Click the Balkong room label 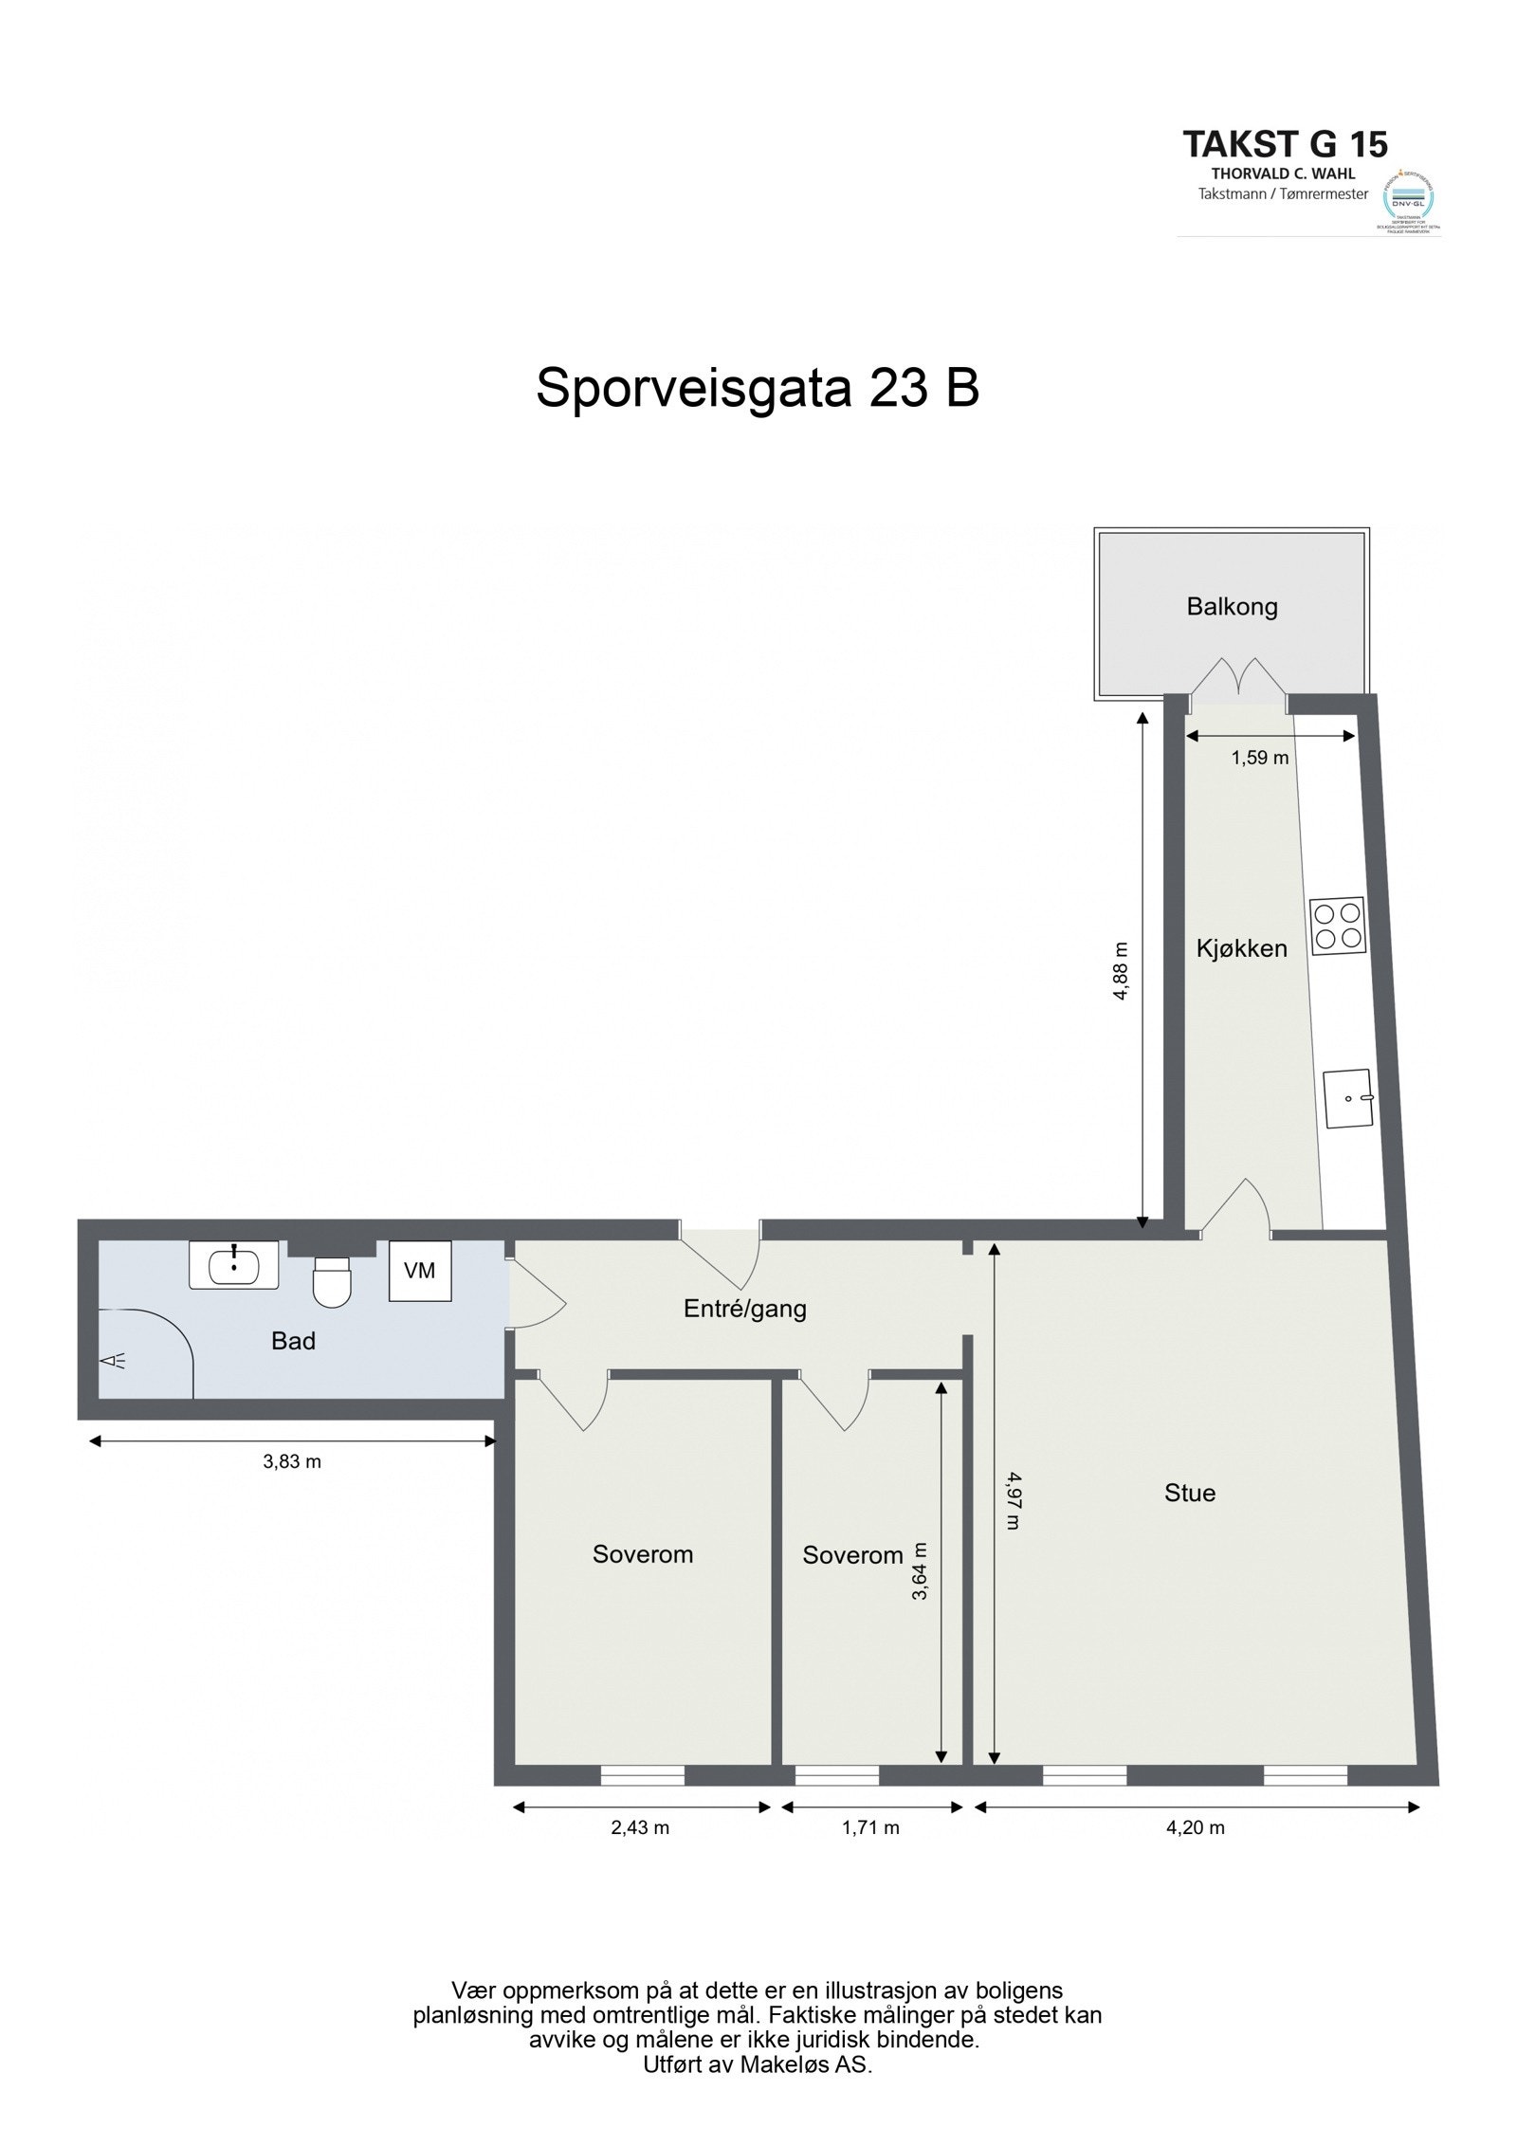point(1232,606)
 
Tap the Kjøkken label point(1241,947)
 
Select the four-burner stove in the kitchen point(1337,925)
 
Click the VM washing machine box point(419,1270)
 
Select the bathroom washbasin point(233,1264)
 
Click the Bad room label point(293,1341)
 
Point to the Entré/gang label point(744,1310)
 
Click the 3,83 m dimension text point(292,1461)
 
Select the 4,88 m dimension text point(1122,970)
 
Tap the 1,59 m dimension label point(1260,758)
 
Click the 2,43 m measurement point(640,1827)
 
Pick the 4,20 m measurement point(1196,1827)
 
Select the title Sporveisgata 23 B point(757,389)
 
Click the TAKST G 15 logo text point(1285,144)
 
